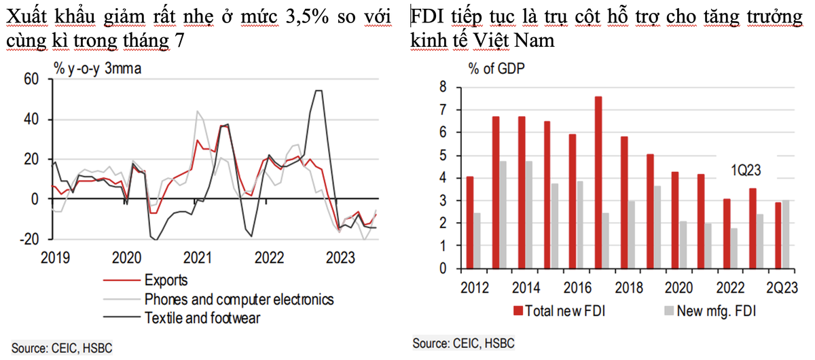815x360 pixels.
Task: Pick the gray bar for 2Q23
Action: pyautogui.click(x=786, y=234)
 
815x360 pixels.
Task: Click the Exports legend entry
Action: pyautogui.click(x=166, y=281)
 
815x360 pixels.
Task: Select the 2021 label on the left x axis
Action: pyautogui.click(x=197, y=258)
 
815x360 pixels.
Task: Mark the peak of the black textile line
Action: pyautogui.click(x=318, y=90)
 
